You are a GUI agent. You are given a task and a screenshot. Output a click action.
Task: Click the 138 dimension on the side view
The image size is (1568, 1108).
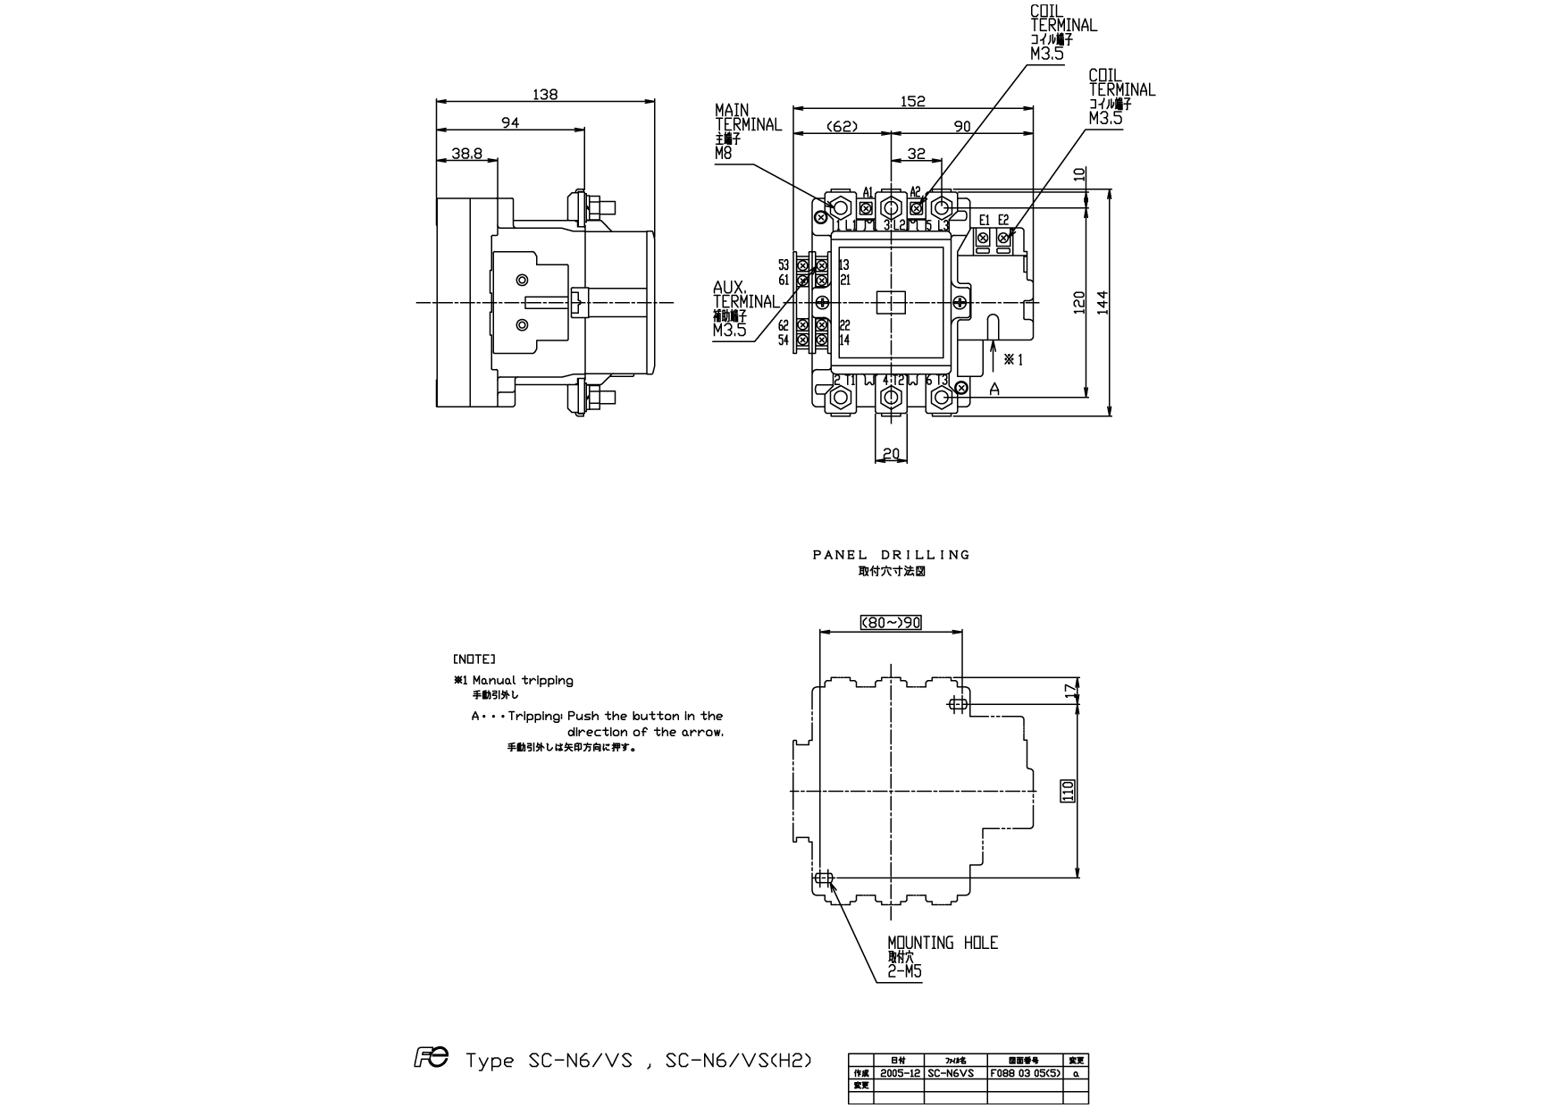pyautogui.click(x=544, y=94)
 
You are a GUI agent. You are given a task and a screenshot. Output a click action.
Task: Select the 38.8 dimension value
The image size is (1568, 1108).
pyautogui.click(x=466, y=153)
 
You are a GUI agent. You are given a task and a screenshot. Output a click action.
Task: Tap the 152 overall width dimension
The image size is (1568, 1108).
pyautogui.click(x=913, y=101)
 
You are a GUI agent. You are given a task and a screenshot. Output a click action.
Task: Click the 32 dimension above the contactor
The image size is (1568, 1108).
pyautogui.click(x=916, y=153)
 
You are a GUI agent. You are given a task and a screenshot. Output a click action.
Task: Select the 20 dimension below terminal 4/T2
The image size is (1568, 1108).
pyautogui.click(x=891, y=454)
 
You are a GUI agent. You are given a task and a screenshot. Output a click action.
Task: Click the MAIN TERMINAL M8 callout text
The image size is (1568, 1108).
pyautogui.click(x=747, y=132)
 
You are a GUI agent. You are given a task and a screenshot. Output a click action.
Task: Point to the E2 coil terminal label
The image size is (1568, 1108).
pyautogui.click(x=1003, y=220)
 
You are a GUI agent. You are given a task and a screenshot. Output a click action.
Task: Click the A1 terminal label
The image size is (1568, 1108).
pyautogui.click(x=867, y=192)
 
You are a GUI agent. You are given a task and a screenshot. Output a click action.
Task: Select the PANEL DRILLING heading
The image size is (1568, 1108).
pyautogui.click(x=891, y=555)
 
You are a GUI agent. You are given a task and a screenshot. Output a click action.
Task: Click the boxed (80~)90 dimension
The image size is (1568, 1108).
pyautogui.click(x=891, y=623)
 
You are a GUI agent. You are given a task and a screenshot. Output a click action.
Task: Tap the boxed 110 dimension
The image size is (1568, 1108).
pyautogui.click(x=1066, y=791)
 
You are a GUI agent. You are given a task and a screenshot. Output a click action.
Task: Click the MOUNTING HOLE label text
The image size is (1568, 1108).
pyautogui.click(x=942, y=943)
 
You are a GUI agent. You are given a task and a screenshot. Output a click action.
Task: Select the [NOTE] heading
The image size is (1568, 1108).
pyautogui.click(x=474, y=659)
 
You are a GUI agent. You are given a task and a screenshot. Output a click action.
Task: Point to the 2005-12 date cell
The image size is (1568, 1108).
pyautogui.click(x=899, y=1072)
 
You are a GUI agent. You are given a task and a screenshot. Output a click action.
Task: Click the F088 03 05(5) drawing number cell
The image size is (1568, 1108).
pyautogui.click(x=1024, y=1072)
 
